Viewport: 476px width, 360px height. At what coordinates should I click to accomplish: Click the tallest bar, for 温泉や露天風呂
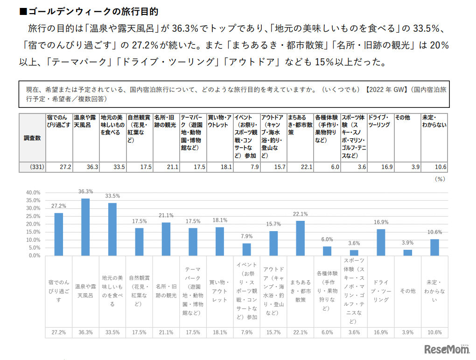85,227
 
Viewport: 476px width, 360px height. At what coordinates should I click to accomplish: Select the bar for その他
407,253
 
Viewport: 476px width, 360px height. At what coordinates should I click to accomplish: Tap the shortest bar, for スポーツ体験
354,253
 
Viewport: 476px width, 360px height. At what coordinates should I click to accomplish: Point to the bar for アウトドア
273,243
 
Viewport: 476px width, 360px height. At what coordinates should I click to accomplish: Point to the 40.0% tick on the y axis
33,192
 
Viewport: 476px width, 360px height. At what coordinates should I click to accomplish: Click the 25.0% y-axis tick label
33,216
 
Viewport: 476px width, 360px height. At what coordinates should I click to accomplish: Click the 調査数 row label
32,138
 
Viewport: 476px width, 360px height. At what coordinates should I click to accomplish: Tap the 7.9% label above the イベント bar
247,236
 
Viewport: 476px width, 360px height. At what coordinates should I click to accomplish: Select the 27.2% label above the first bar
58,206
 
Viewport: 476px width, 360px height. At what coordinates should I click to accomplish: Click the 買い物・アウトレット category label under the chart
220,290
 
